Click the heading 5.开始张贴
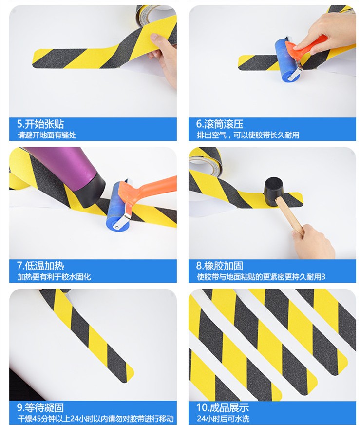pyautogui.click(x=40, y=124)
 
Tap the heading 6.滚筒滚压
pyautogui.click(x=220, y=124)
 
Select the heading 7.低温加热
pyautogui.click(x=40, y=266)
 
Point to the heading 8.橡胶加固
pyautogui.click(x=220, y=266)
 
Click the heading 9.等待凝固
pyautogui.click(x=40, y=407)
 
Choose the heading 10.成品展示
pyautogui.click(x=223, y=407)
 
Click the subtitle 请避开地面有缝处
pyautogui.click(x=47, y=135)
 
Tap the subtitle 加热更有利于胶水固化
pyautogui.click(x=54, y=277)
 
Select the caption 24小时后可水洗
pyautogui.click(x=223, y=419)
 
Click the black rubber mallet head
pyautogui.click(x=274, y=192)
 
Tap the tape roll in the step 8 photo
pyautogui.click(x=205, y=160)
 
